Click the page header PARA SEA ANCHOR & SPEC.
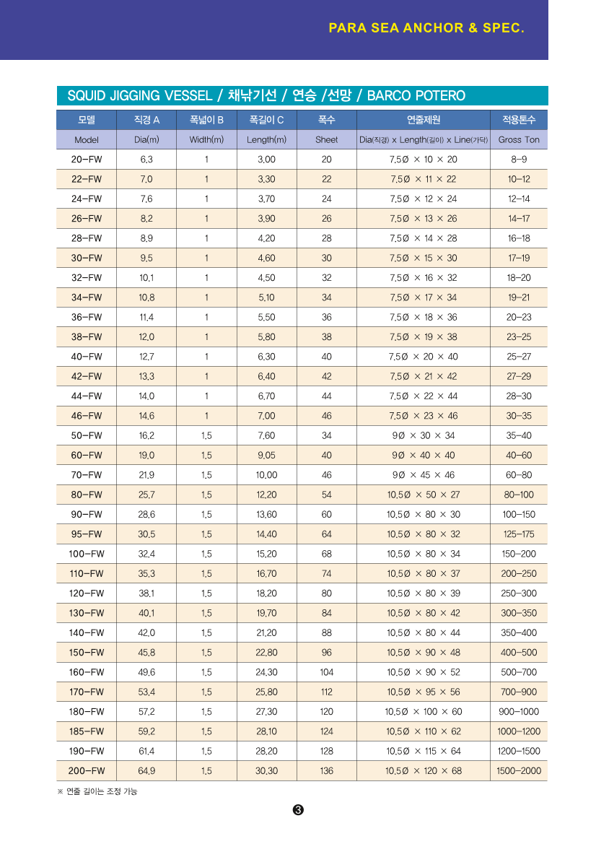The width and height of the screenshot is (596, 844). pyautogui.click(x=426, y=28)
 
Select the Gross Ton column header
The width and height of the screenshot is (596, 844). pyautogui.click(x=519, y=139)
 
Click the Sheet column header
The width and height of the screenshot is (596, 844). pyautogui.click(x=326, y=139)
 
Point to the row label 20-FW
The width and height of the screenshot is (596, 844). pyautogui.click(x=87, y=159)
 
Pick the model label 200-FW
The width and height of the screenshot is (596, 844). pyautogui.click(x=87, y=770)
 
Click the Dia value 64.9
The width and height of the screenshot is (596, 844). pyautogui.click(x=146, y=770)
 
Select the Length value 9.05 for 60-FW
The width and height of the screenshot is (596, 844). pyautogui.click(x=266, y=455)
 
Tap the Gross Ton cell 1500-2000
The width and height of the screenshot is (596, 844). pyautogui.click(x=519, y=770)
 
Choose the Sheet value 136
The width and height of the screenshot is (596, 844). pyautogui.click(x=327, y=770)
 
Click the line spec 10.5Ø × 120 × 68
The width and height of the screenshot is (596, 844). pyautogui.click(x=424, y=770)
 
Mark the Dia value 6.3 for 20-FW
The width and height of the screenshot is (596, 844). pyautogui.click(x=146, y=159)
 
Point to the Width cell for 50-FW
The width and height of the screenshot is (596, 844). pyautogui.click(x=206, y=435)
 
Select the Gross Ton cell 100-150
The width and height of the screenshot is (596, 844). pyautogui.click(x=519, y=514)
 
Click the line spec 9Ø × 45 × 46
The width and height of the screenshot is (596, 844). pyautogui.click(x=424, y=475)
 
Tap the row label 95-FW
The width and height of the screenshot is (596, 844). pyautogui.click(x=87, y=534)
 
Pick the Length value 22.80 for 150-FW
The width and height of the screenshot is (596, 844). pyautogui.click(x=266, y=652)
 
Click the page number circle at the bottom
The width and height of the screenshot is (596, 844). pyautogui.click(x=298, y=809)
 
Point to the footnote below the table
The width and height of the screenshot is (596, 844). pyautogui.click(x=97, y=791)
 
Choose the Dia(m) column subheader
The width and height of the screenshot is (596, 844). pyautogui.click(x=146, y=139)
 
